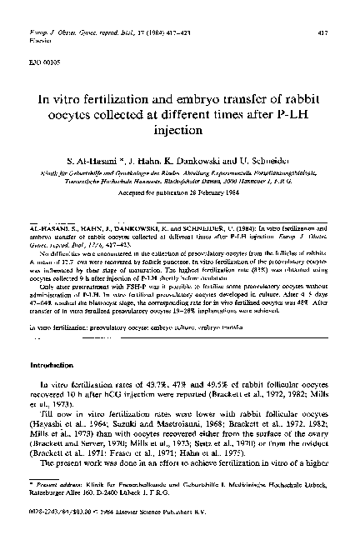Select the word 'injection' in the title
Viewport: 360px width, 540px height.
(180, 131)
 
